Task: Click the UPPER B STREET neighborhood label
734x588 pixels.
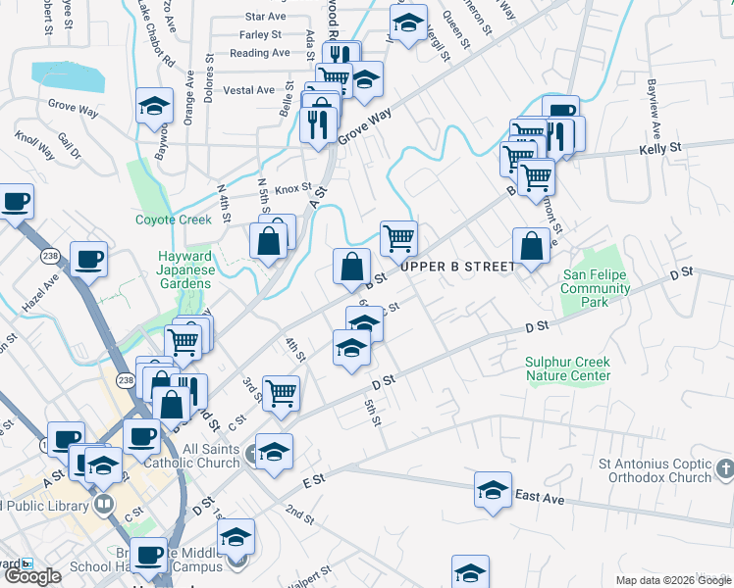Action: (457, 267)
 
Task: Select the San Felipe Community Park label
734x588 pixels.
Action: (596, 289)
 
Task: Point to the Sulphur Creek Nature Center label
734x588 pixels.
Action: (567, 368)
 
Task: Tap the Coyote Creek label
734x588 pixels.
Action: (173, 220)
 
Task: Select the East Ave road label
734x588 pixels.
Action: (540, 498)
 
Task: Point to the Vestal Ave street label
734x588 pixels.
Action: (249, 90)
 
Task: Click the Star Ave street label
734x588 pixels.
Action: (265, 17)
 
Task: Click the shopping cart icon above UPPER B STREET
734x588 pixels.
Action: (398, 236)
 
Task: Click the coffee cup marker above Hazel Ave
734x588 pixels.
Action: (88, 259)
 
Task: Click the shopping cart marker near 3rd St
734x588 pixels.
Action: (282, 391)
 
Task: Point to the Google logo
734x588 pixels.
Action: (32, 576)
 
